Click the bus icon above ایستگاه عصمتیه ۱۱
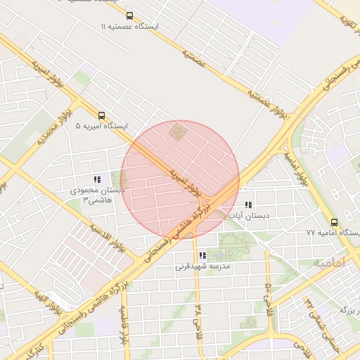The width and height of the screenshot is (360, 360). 129,15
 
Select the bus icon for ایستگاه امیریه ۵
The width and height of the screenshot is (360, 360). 102,116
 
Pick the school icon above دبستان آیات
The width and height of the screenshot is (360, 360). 247,205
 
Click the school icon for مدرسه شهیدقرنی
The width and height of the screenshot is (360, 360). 202,257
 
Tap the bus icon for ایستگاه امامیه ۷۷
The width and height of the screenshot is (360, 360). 335,221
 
